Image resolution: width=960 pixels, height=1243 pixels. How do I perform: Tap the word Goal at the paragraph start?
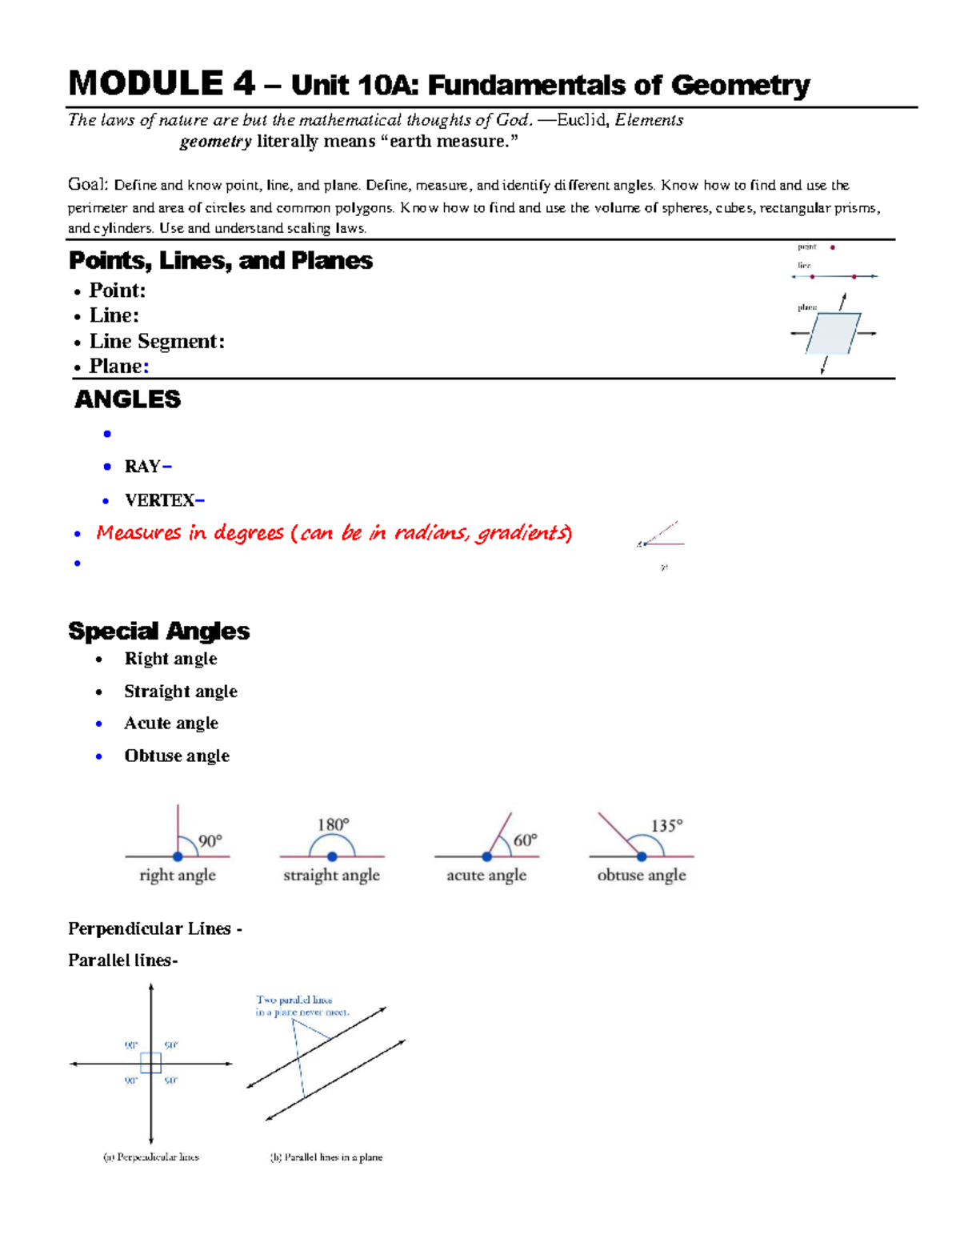[x=87, y=185]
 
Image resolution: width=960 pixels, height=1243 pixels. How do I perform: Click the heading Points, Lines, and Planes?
[x=220, y=261]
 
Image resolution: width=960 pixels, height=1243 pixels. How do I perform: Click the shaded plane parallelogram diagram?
[x=833, y=333]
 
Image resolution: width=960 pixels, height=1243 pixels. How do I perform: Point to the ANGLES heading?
[x=127, y=399]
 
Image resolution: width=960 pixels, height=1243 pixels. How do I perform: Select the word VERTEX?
[x=159, y=500]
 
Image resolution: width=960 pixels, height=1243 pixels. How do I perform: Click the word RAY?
[x=142, y=467]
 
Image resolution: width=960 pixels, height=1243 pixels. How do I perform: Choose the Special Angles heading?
[x=158, y=632]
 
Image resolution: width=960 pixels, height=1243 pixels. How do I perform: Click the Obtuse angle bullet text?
[x=177, y=756]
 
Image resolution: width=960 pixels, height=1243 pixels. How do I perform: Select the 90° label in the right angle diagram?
[x=210, y=840]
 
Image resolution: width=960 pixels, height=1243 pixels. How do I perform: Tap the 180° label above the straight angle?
[x=333, y=824]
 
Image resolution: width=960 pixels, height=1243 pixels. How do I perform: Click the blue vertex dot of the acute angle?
[x=486, y=856]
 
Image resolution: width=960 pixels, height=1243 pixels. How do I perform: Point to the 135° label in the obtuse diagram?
[x=666, y=825]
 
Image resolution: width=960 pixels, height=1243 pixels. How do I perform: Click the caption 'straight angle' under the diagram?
[x=331, y=875]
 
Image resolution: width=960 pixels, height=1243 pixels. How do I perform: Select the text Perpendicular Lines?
[x=150, y=928]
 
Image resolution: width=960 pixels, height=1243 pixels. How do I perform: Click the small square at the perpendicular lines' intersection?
[x=150, y=1063]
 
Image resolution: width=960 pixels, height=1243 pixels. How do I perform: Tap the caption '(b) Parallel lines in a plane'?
[x=326, y=1157]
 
